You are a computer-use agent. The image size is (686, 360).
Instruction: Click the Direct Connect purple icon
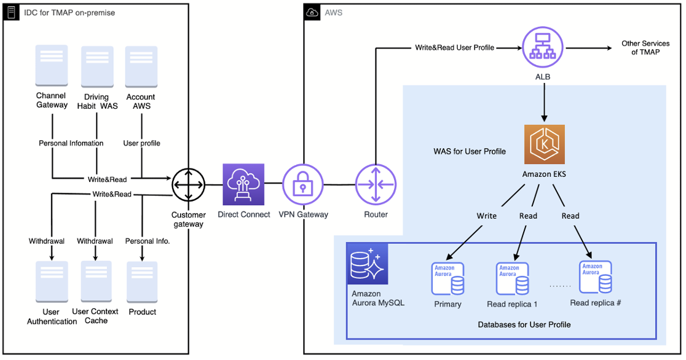243,184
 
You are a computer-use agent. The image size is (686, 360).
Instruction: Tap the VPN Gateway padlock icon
302,184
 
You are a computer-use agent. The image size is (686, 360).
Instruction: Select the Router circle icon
376,184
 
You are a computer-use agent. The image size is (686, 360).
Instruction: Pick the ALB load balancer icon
543,48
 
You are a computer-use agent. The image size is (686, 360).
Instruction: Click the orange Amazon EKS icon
544,144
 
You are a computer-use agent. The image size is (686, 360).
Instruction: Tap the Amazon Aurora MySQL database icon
367,264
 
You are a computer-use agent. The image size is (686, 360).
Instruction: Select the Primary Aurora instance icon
448,279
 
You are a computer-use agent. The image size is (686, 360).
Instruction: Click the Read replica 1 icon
512,279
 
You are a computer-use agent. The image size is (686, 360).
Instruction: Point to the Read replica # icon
595,277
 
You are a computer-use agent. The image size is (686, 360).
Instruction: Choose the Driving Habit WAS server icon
97,66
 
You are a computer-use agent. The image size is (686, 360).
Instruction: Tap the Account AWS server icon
141,66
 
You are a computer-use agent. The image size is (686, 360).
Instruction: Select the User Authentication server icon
52,281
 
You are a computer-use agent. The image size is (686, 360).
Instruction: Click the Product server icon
142,281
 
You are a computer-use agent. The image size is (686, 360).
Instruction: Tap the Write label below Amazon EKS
487,216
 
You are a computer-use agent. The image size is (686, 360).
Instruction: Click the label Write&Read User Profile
454,47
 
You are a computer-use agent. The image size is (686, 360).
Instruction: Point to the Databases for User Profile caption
524,324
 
